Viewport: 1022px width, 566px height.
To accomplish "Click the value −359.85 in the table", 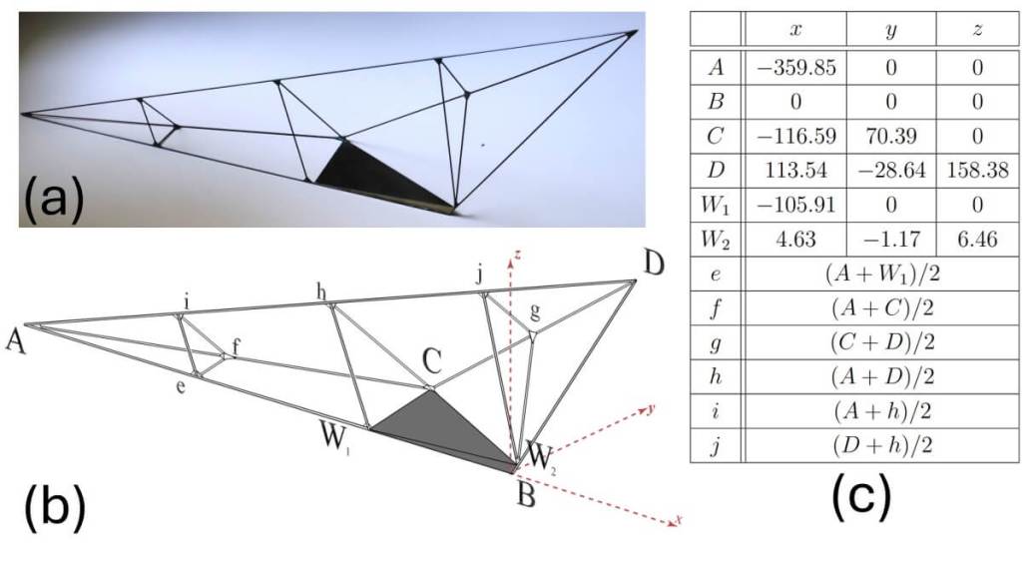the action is (x=795, y=68).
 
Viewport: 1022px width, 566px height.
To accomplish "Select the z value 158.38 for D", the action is (x=977, y=170).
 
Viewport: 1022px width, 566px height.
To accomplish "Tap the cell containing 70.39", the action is (x=891, y=136).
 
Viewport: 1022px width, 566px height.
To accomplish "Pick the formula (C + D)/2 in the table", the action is (x=882, y=341).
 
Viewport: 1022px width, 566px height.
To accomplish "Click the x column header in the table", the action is (x=795, y=29).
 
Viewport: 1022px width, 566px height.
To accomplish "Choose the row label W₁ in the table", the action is (x=715, y=206).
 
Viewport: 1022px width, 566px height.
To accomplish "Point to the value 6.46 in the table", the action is (x=977, y=240).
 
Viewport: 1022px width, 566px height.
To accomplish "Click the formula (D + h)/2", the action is (x=882, y=445).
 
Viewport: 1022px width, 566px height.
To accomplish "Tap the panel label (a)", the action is (x=54, y=198).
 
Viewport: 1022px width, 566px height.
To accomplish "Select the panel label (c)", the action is (x=861, y=500).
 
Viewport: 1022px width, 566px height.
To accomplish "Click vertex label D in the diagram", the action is (x=653, y=264).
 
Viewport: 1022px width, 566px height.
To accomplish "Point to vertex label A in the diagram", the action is (x=16, y=341).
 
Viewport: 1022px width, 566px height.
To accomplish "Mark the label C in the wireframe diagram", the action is (x=431, y=360).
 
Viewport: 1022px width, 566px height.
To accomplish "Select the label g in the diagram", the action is (x=535, y=311).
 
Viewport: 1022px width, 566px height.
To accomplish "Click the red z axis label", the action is (x=517, y=254).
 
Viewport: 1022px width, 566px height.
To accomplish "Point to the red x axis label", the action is (x=679, y=520).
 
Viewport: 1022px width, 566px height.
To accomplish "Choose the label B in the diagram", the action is (x=526, y=497).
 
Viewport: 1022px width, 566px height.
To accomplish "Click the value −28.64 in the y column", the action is (x=891, y=170).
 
